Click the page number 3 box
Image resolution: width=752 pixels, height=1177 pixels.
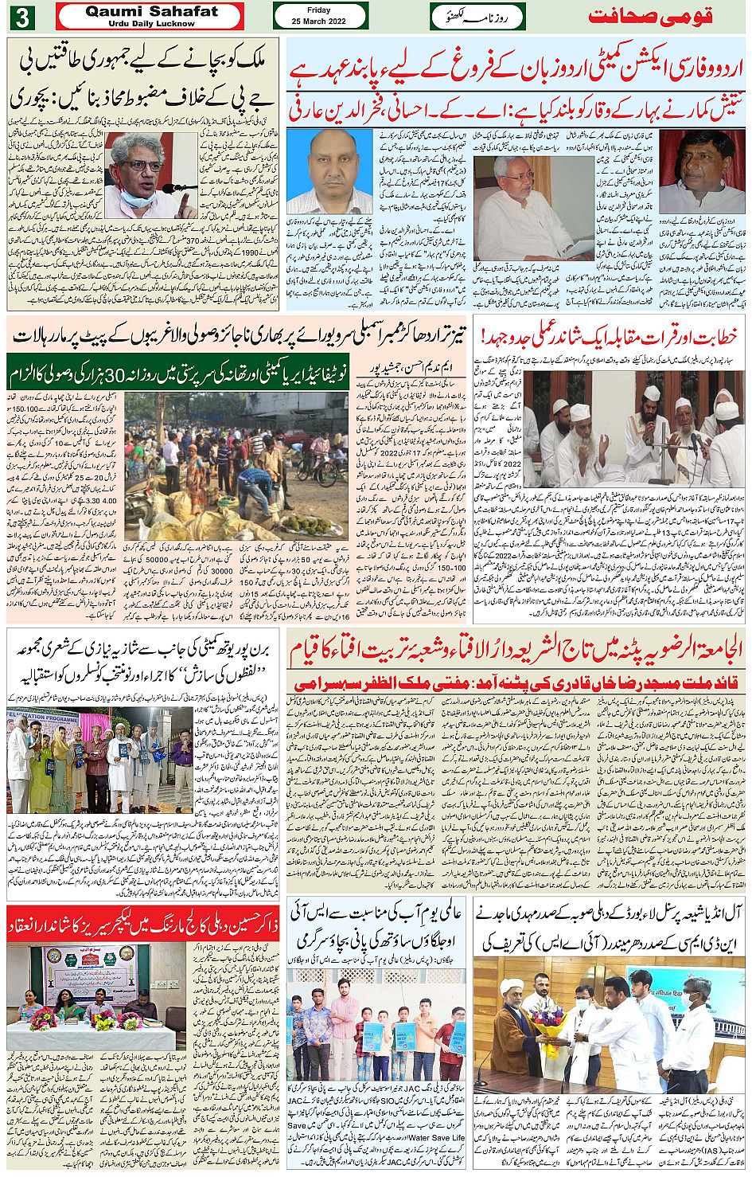[22, 17]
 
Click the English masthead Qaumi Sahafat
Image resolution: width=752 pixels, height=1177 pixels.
[151, 16]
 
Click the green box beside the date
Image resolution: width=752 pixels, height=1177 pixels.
[477, 16]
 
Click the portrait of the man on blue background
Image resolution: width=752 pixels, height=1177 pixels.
[329, 171]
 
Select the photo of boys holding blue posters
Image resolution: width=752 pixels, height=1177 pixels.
[376, 1027]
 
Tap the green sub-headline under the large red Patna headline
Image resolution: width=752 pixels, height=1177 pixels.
[517, 683]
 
